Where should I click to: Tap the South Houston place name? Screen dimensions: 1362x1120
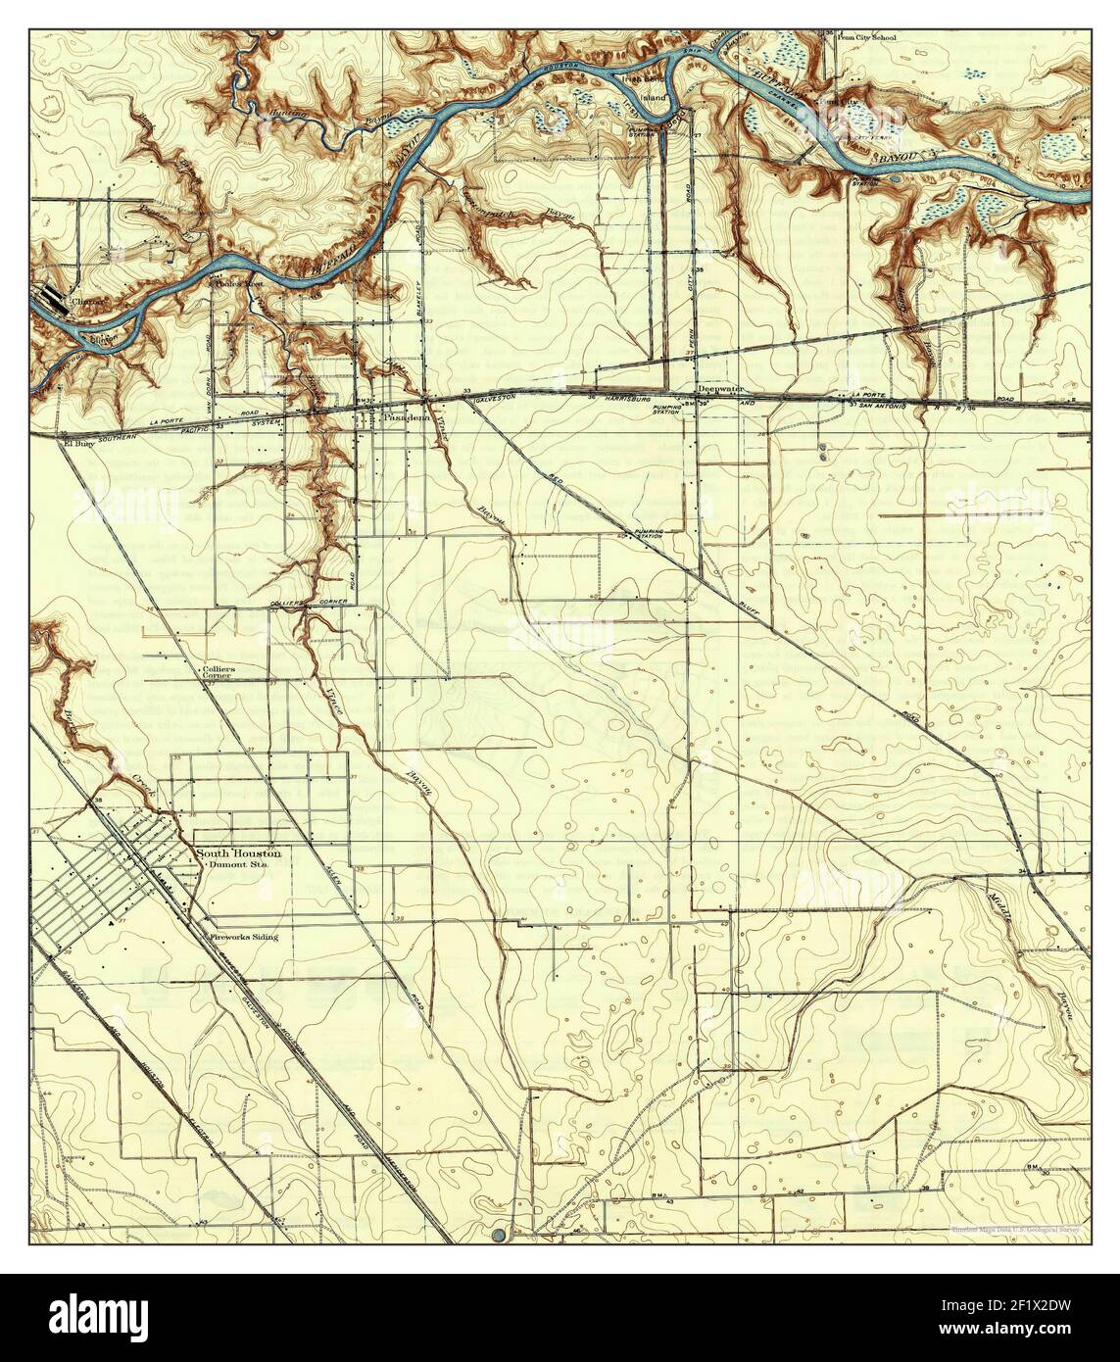238,853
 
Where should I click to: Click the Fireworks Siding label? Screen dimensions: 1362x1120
244,937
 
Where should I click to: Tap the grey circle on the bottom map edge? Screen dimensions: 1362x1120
502,1234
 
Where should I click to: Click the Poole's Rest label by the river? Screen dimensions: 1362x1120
240,285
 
